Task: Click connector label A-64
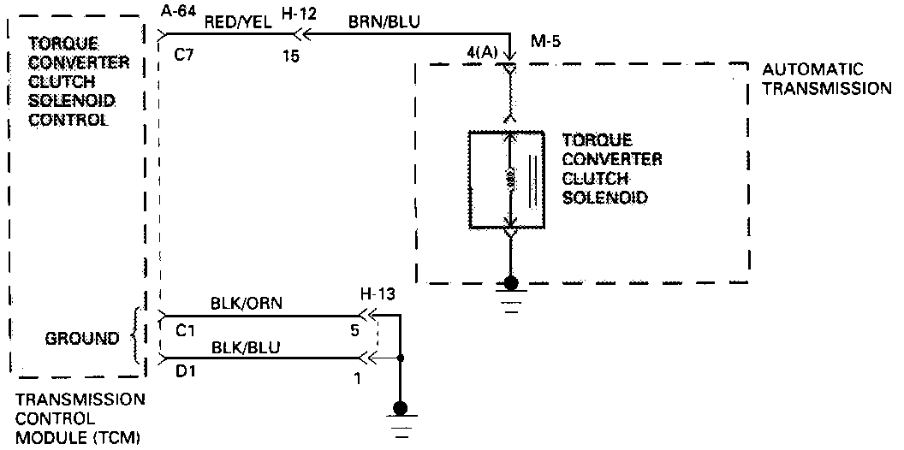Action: click(177, 10)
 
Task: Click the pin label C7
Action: click(183, 56)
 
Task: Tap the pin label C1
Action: click(183, 328)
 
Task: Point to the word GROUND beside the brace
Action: click(82, 339)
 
